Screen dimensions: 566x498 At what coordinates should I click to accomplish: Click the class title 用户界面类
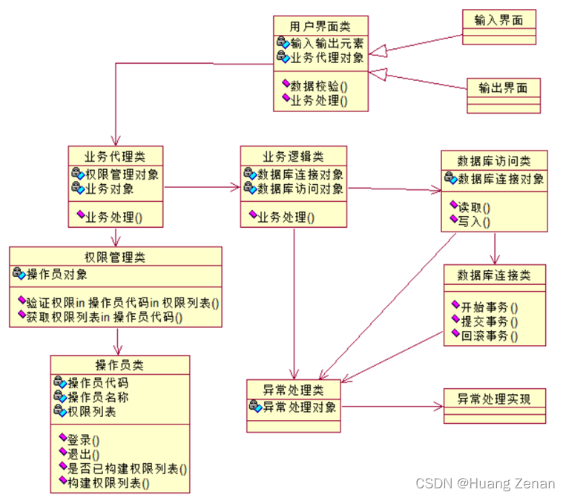tap(320, 26)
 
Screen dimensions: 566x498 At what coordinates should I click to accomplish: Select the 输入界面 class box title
tap(498, 20)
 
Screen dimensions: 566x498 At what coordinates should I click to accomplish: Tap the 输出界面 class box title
tap(503, 88)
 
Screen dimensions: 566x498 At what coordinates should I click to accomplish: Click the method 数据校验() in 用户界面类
tap(319, 86)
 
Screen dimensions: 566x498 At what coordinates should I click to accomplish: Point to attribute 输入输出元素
tap(326, 43)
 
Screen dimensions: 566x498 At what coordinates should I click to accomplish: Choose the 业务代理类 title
tap(115, 157)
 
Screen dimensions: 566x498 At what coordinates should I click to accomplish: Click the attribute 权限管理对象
tap(122, 174)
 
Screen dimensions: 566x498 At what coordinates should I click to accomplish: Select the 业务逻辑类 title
tap(293, 157)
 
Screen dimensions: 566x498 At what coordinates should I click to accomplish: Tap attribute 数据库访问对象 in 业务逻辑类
tap(300, 189)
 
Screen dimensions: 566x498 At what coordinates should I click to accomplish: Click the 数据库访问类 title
tap(494, 161)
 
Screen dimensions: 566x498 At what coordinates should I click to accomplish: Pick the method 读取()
tap(474, 207)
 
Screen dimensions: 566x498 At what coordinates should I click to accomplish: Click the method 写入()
tap(474, 222)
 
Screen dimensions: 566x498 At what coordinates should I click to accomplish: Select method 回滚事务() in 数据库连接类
tap(490, 336)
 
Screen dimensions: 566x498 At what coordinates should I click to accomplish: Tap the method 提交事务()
tap(490, 321)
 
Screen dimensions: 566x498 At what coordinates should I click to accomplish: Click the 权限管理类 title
tap(115, 257)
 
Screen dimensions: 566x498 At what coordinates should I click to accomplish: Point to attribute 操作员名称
tap(98, 397)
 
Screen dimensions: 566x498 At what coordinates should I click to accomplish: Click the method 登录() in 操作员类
tap(83, 440)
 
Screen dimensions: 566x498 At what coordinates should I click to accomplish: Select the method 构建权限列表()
tap(108, 483)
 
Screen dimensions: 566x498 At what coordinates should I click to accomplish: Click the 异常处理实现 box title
tap(494, 399)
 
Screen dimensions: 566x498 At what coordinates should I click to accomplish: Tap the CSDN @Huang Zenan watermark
tap(485, 484)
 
